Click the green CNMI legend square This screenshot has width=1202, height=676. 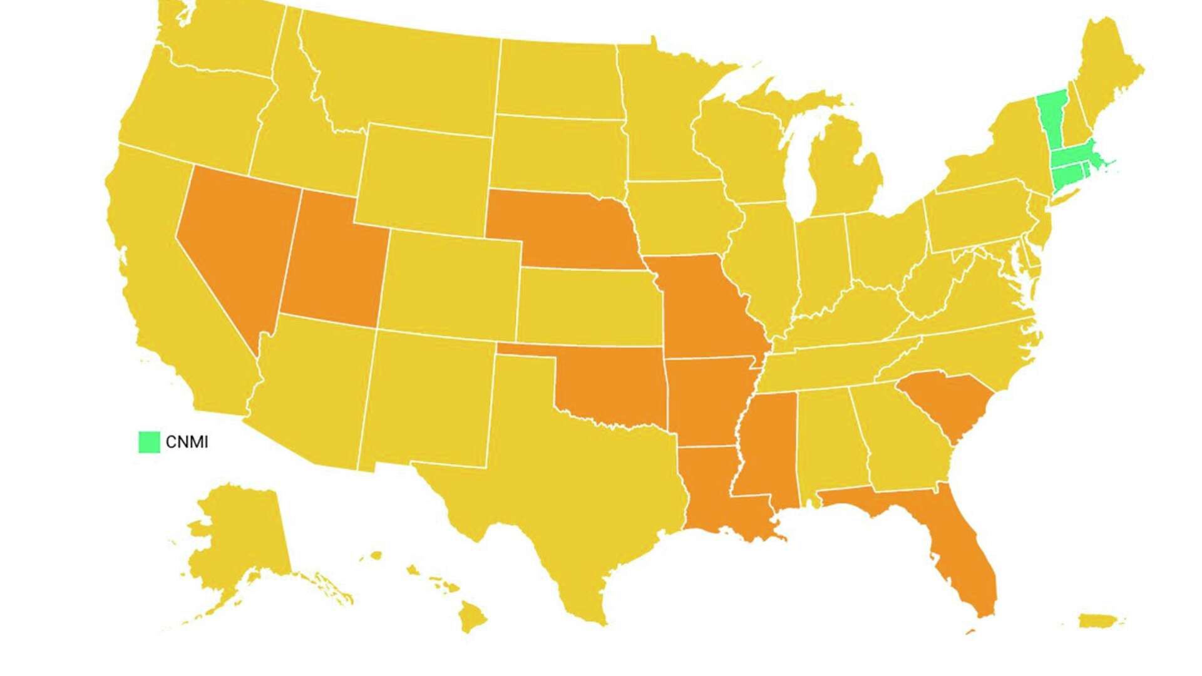[x=149, y=442]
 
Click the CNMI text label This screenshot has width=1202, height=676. [x=187, y=442]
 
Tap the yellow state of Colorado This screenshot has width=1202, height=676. [x=451, y=282]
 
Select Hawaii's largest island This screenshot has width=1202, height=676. [x=473, y=617]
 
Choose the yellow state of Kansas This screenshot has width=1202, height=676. [x=588, y=307]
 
